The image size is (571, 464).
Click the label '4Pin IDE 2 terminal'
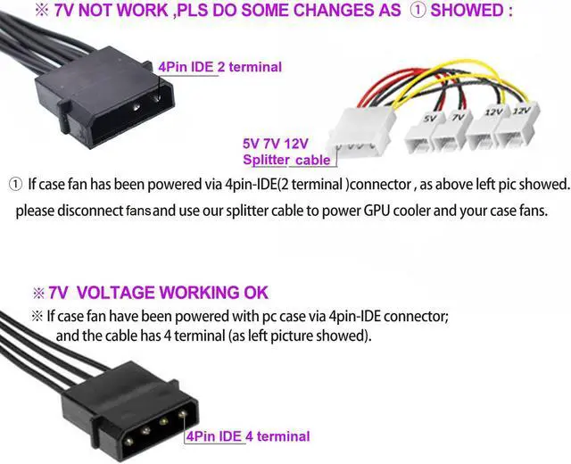[219, 66]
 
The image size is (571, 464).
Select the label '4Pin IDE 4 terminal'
[248, 436]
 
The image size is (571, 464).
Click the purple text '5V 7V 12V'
[275, 143]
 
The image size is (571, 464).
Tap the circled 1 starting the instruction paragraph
[15, 184]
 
